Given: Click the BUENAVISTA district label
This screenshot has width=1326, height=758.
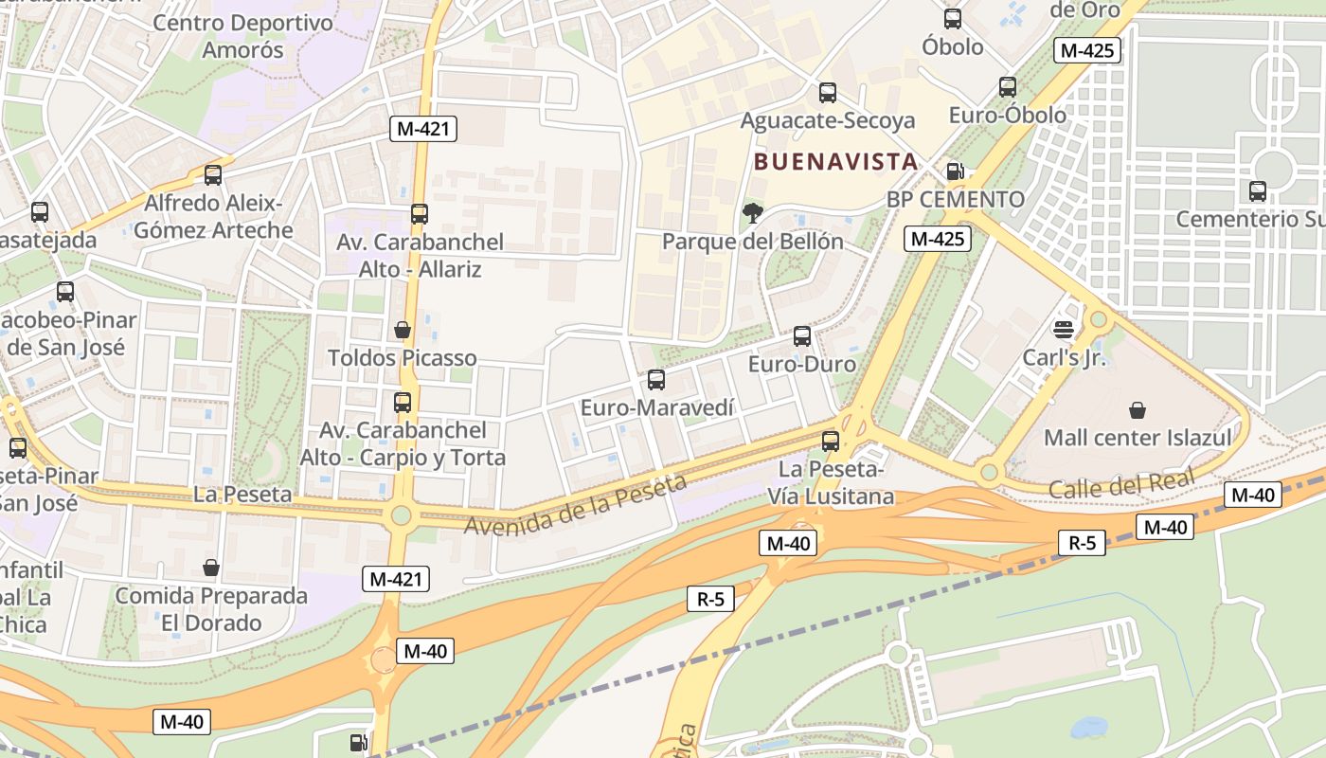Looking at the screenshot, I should tap(835, 162).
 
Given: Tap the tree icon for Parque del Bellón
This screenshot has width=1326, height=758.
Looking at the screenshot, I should tap(753, 213).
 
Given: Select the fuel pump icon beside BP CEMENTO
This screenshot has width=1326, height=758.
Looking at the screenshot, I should tap(956, 171).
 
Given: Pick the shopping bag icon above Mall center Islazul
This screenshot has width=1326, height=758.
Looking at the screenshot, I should tap(1137, 410).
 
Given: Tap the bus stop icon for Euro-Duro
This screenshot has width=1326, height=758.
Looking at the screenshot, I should tap(802, 336).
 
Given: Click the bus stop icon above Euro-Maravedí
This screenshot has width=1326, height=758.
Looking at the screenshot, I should tap(655, 380).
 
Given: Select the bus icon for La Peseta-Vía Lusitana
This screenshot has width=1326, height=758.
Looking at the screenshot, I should tap(831, 441).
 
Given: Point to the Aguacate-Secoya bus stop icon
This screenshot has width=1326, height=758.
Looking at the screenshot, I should tap(828, 93).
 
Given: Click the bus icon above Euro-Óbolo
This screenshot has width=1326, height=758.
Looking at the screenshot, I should tap(1008, 87).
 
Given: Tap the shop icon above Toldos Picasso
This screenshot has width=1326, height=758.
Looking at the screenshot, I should tap(403, 330).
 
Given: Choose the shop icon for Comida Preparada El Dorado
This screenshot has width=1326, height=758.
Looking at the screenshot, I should tap(211, 568).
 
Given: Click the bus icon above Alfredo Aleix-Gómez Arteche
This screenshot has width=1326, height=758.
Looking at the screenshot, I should tap(213, 175).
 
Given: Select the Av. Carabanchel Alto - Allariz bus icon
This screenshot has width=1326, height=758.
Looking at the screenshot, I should tap(420, 214).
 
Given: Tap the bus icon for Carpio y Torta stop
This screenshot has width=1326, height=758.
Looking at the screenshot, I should tap(403, 403).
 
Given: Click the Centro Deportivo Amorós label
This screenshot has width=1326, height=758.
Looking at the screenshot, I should tap(242, 36).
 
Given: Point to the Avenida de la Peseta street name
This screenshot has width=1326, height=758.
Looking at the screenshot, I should tap(575, 504).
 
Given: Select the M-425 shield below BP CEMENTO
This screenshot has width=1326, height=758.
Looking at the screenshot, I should tap(938, 239).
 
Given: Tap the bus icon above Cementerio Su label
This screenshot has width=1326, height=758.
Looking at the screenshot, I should tap(1258, 191).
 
